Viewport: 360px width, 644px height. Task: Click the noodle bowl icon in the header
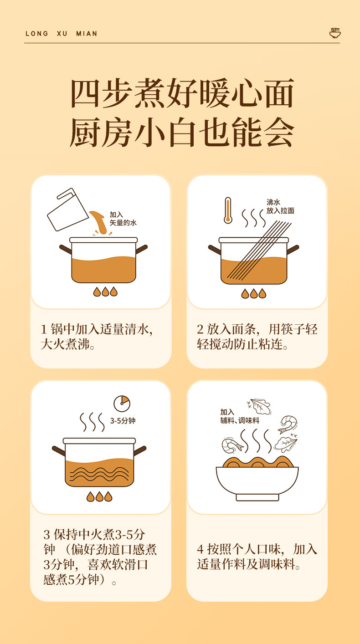pos(335,33)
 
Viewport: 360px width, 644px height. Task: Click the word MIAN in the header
pos(87,34)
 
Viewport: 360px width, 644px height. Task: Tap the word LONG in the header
pos(37,34)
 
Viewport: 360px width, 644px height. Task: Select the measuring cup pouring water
pos(68,210)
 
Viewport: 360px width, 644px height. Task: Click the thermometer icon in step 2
pos(228,210)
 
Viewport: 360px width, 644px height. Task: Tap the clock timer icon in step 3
pos(122,404)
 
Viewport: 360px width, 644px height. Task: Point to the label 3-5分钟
pos(123,421)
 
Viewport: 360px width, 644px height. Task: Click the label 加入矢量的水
pos(123,219)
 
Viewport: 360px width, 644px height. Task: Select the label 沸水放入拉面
pos(280,206)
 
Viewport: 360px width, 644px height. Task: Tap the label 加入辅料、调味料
pos(240,416)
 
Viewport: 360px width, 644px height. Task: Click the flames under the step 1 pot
pos(105,291)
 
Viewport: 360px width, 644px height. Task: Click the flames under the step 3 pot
pos(99,496)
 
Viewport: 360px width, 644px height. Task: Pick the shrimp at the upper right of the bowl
pos(288,424)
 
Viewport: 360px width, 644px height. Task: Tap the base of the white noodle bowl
pos(257,497)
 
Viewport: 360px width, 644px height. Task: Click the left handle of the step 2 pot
pos(214,250)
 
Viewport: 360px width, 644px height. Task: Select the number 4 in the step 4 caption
pos(201,549)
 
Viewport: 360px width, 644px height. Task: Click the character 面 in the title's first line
pos(279,93)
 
